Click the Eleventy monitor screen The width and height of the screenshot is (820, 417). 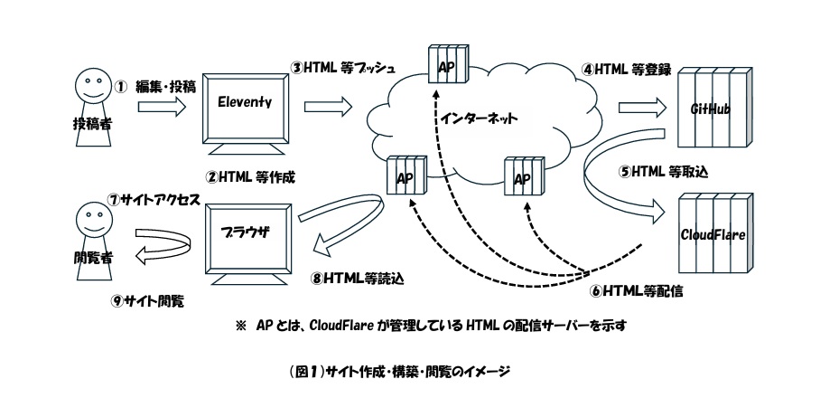point(244,105)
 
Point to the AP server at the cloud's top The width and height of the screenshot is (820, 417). point(447,68)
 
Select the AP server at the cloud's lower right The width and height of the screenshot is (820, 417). point(521,177)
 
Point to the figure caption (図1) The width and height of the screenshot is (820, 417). point(409,370)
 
